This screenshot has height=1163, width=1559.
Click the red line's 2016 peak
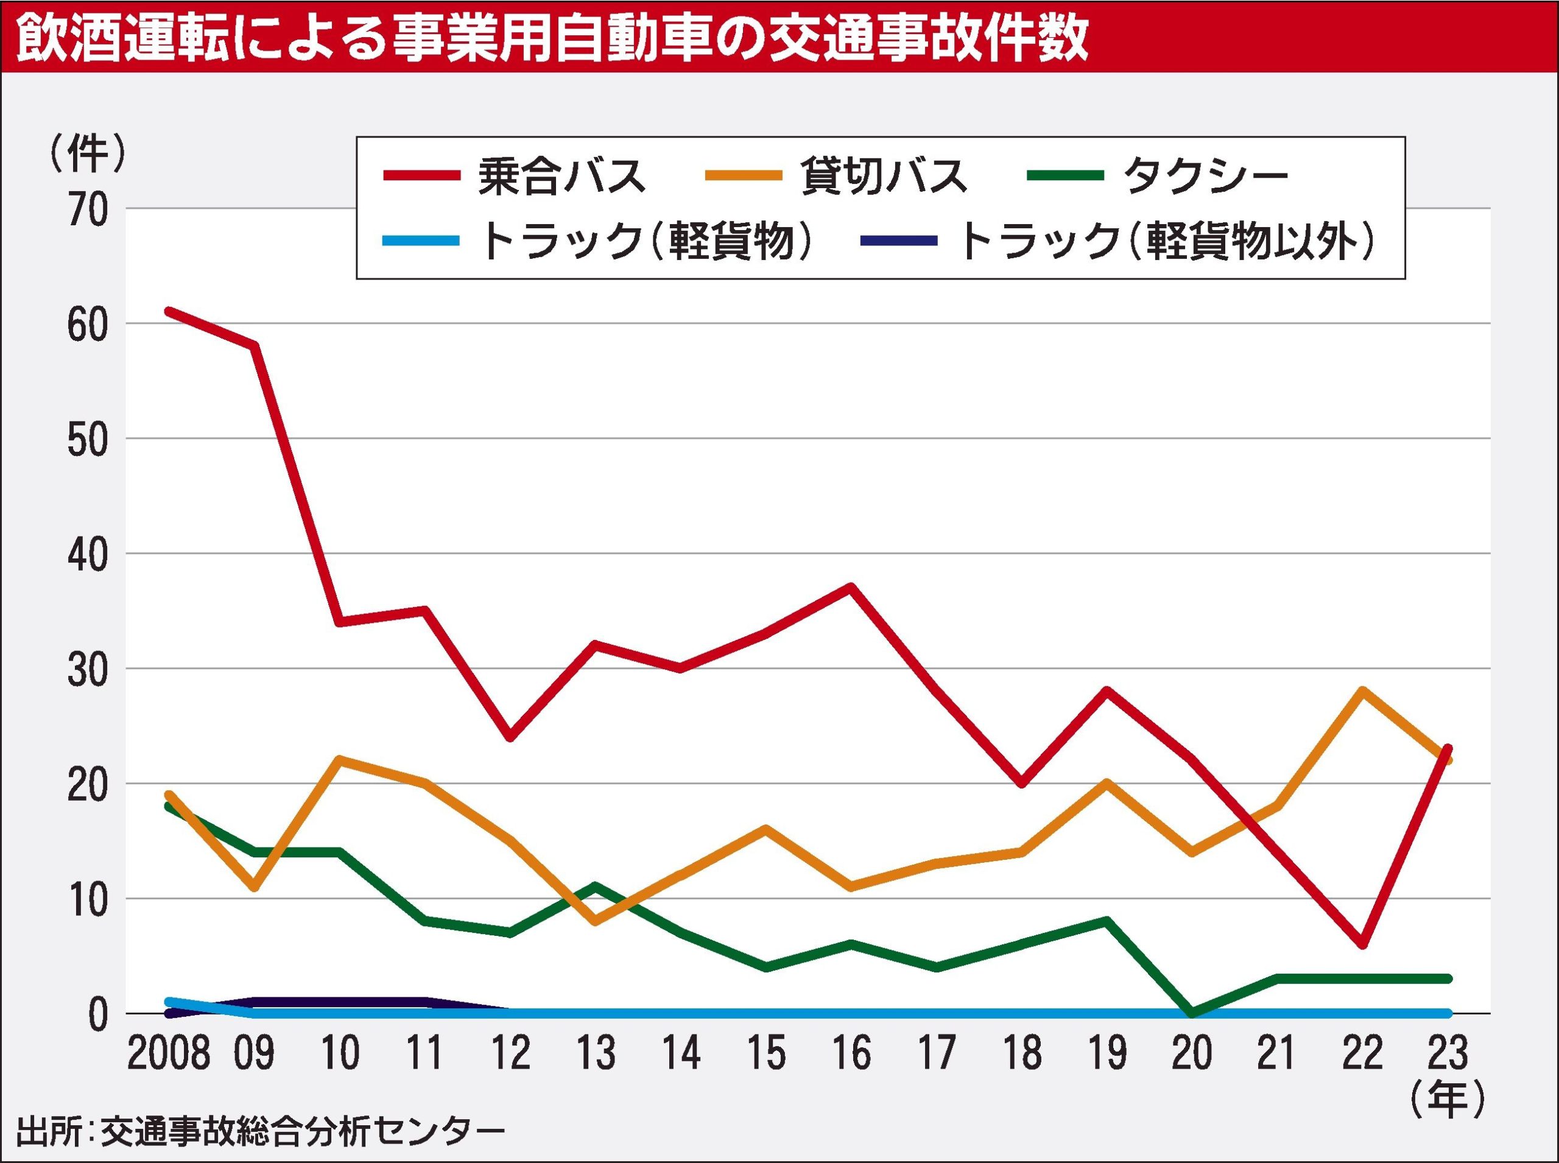click(851, 586)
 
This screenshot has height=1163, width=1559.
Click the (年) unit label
click(1448, 1099)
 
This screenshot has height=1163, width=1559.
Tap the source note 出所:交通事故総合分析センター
click(261, 1133)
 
